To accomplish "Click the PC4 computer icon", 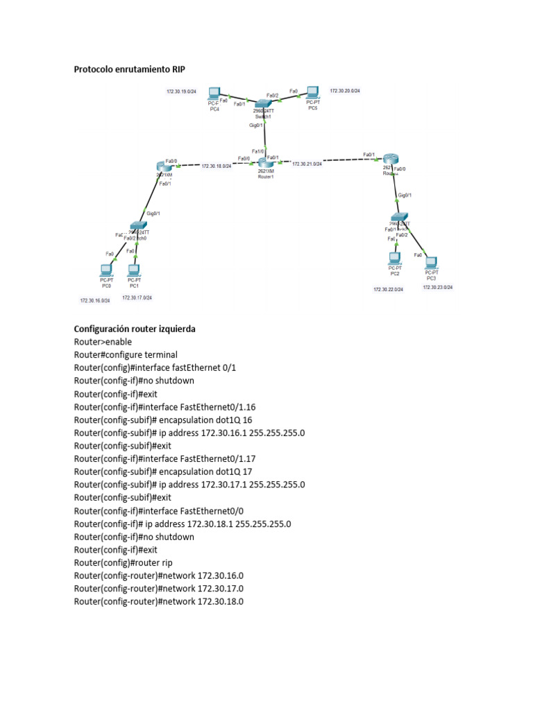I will (214, 94).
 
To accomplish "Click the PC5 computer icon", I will (312, 92).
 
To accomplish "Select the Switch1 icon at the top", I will (264, 103).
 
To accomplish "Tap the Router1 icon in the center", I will (261, 162).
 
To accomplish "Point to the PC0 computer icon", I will (106, 270).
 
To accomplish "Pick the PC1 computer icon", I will (134, 270).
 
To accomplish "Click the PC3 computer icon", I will (431, 263).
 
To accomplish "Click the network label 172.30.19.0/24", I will (181, 92).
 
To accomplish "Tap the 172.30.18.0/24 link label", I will (217, 166).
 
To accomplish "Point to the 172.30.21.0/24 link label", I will (307, 164).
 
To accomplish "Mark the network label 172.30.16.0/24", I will (95, 301).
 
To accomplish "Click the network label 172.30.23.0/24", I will (438, 287).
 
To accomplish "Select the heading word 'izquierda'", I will (178, 329).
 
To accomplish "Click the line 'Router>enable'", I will (103, 342).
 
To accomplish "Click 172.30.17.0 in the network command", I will (221, 589).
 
